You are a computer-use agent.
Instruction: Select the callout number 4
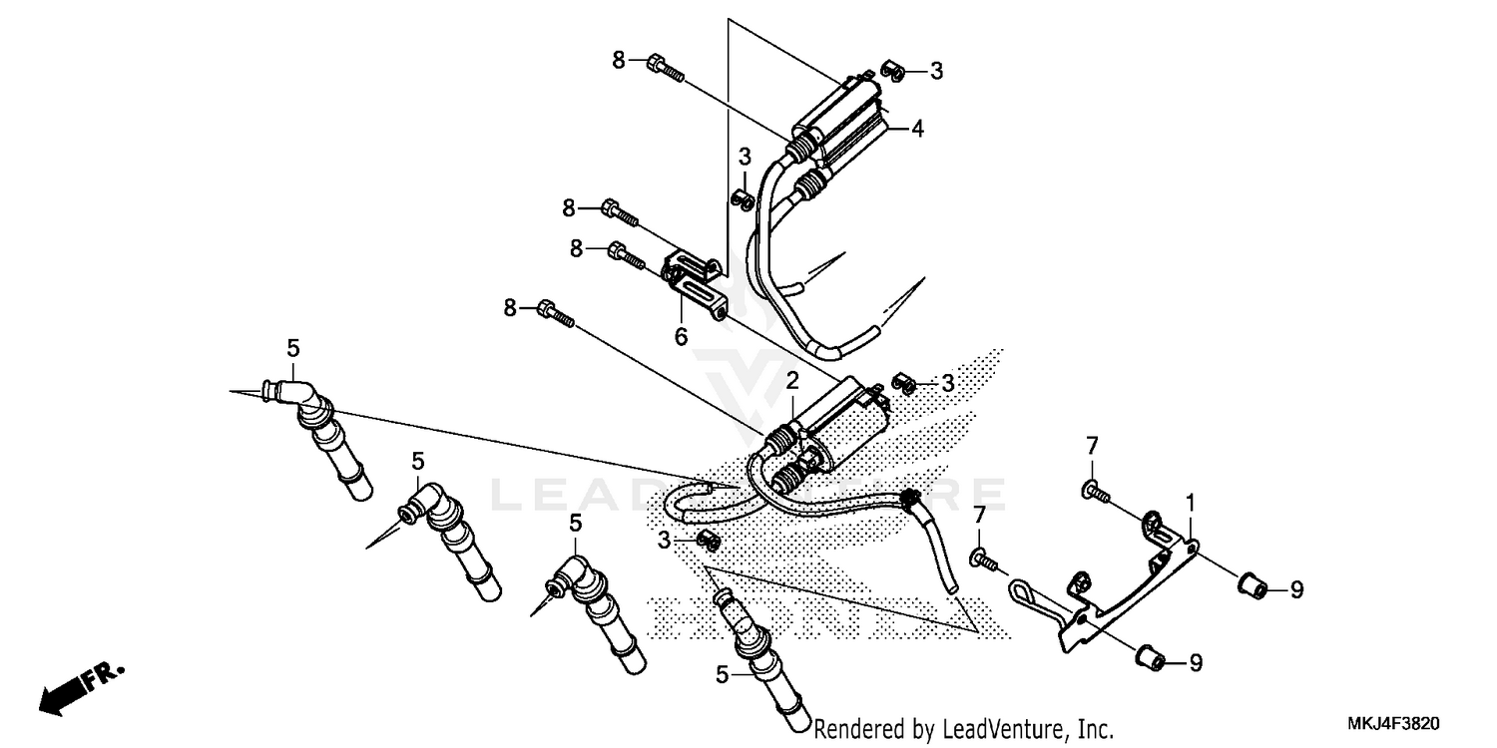916,128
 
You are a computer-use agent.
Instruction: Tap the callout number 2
791,381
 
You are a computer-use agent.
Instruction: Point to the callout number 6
681,337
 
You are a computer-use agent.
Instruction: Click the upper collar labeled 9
1253,586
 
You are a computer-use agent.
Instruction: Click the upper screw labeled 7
1091,490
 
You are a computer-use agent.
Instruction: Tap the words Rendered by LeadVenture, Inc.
963,729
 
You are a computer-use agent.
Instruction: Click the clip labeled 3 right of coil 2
904,384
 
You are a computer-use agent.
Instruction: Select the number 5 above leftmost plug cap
292,348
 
